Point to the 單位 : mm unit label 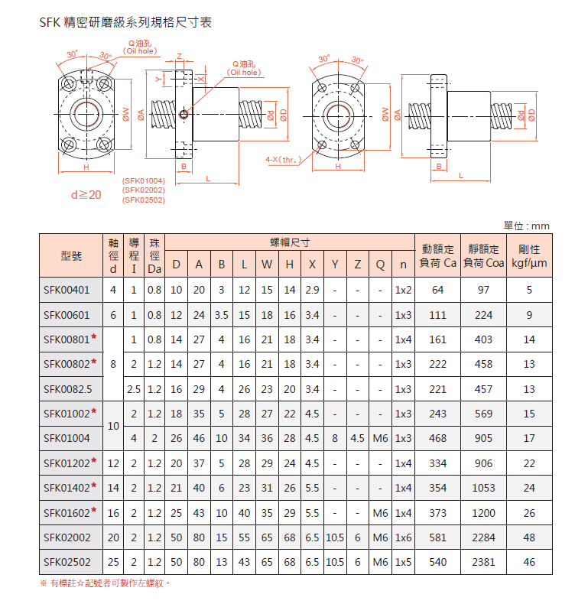pos(527,226)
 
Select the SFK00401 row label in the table pos(67,290)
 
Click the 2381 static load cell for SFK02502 pos(483,562)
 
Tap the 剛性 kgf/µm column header pos(529,256)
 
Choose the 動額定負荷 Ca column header pos(437,256)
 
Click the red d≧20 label pos(86,195)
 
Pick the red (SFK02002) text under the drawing pos(144,190)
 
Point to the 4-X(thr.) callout pos(281,161)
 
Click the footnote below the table pos(105,583)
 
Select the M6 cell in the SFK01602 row pos(380,513)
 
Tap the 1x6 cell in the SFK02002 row pos(402,537)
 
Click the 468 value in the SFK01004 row pos(437,438)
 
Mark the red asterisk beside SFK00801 pos(93,339)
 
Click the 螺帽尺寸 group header pos(290,242)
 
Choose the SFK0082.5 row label pos(67,389)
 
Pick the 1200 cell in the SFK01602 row pos(483,513)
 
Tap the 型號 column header pos(71,256)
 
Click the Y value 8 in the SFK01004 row pos(335,438)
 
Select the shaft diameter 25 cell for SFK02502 pos(113,562)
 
